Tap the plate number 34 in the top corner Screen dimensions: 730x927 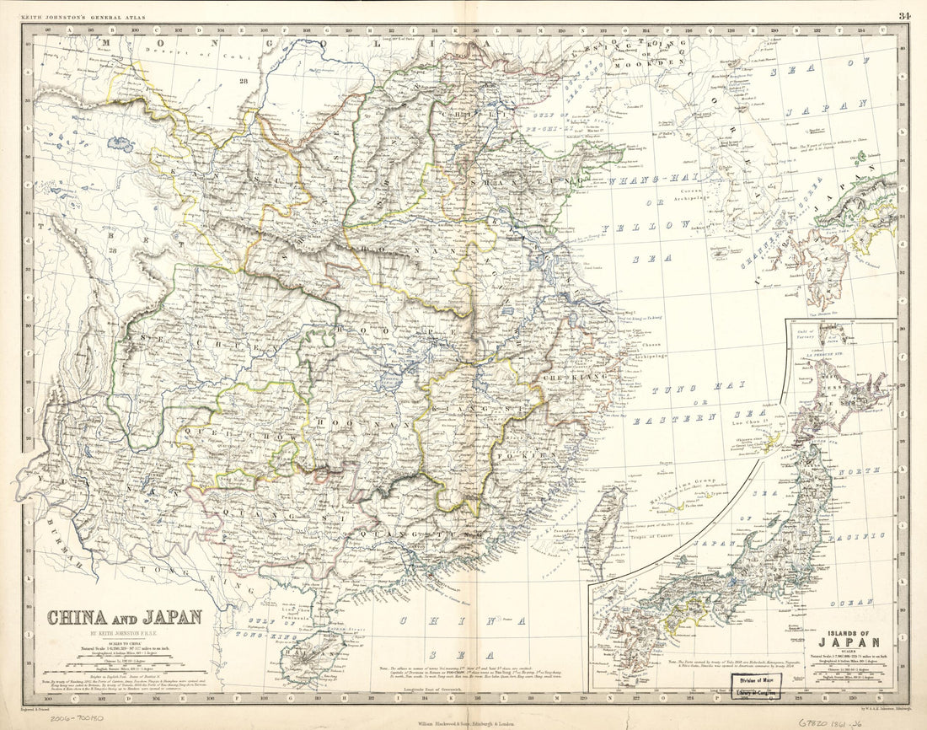click(x=903, y=15)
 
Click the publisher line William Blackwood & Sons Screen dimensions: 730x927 click(x=465, y=722)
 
